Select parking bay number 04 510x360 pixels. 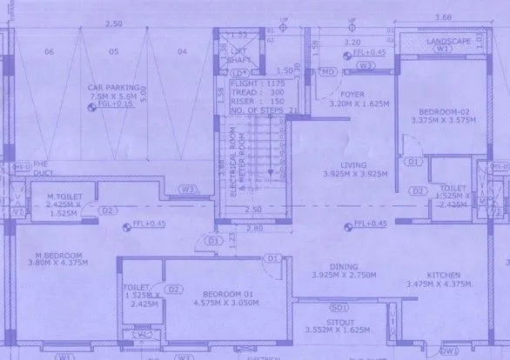(x=181, y=52)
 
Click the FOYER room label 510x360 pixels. (x=352, y=93)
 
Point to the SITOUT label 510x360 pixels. (x=338, y=320)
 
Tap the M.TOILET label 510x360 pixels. (x=64, y=197)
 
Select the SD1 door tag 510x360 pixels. (x=335, y=307)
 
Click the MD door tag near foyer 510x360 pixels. (x=329, y=70)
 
